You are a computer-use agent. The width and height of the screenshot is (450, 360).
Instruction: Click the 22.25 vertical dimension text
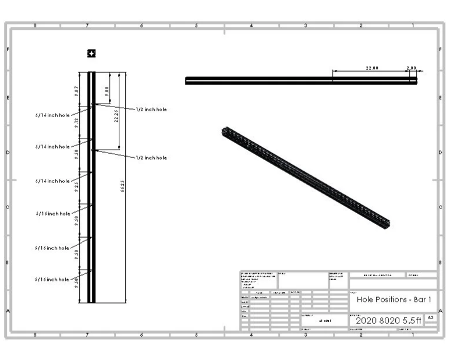coord(116,115)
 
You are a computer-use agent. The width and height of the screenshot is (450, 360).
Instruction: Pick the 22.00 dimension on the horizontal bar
coord(371,68)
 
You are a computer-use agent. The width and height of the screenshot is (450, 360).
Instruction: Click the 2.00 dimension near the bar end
coord(411,68)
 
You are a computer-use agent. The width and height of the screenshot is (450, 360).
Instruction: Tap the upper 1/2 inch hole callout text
coord(151,109)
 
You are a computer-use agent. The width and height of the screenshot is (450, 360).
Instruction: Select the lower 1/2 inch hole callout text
coord(151,158)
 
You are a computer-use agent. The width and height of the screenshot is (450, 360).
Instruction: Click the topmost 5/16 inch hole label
coord(52,115)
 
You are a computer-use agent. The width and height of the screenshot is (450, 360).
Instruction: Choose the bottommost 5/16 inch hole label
coord(52,280)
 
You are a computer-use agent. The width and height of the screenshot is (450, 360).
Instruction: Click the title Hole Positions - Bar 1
coord(393,299)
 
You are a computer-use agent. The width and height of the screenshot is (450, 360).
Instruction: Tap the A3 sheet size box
coord(430,317)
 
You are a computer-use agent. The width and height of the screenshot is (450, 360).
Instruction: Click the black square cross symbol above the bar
coord(91,54)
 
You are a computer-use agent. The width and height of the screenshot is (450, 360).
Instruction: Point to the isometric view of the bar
coord(306,176)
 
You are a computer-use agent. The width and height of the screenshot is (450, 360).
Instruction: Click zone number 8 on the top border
coord(35,26)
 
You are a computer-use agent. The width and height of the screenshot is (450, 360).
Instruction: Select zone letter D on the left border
coord(8,153)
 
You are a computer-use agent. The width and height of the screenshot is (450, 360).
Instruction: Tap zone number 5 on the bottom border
coord(196,334)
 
